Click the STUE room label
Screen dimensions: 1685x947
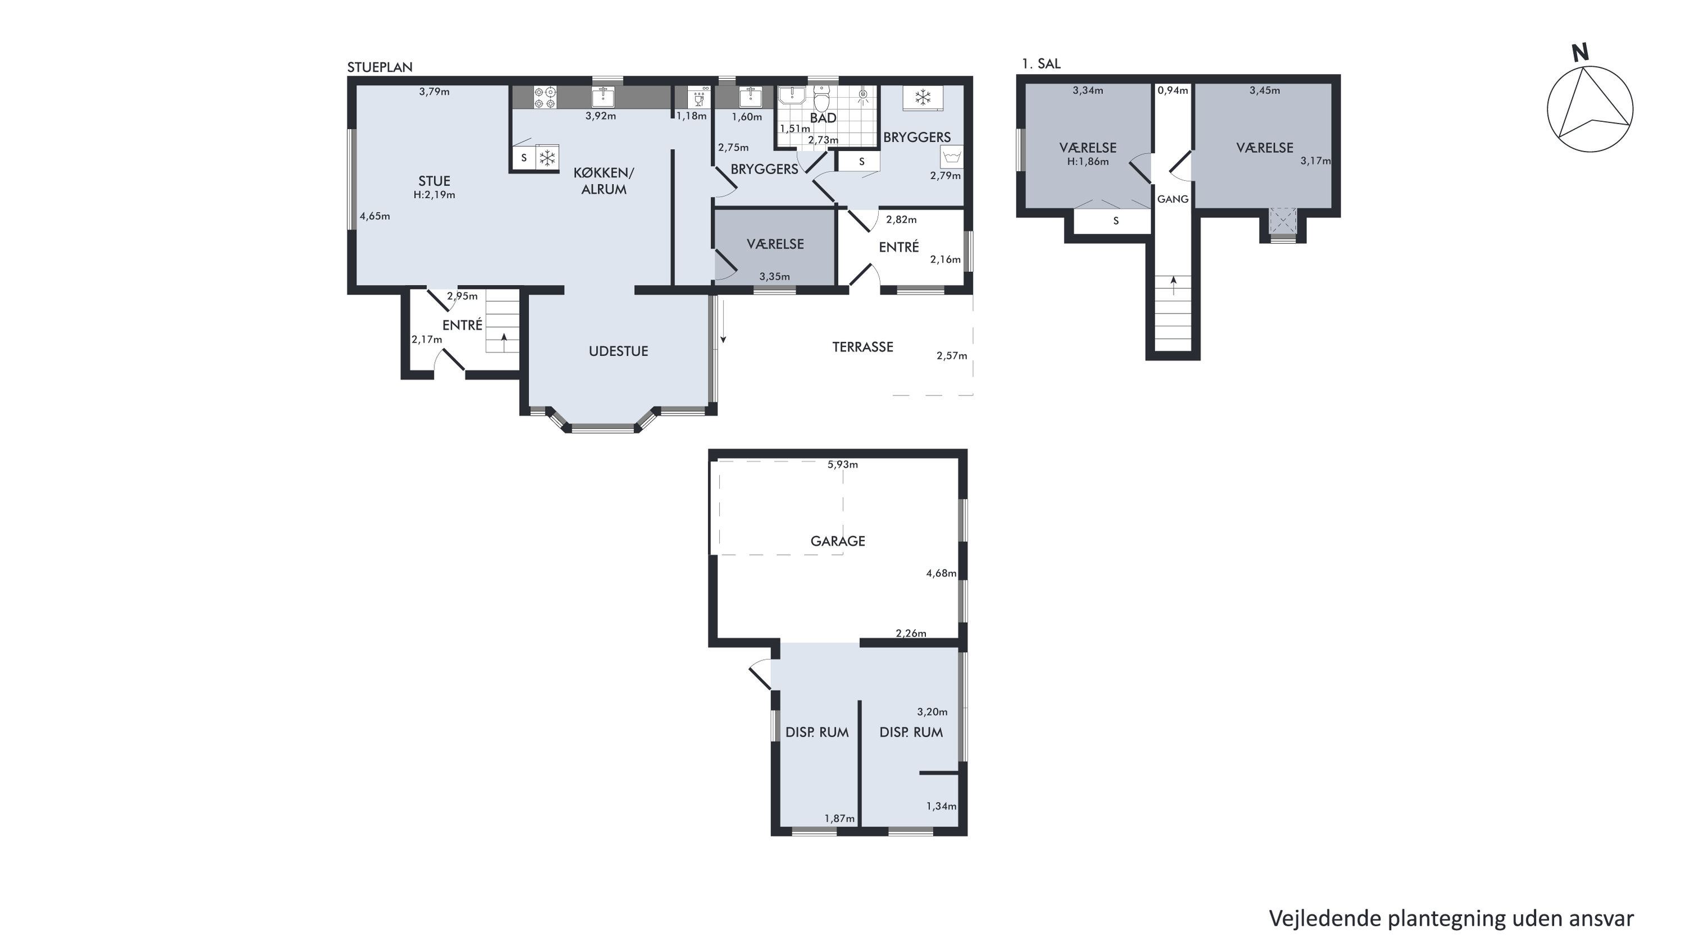point(434,181)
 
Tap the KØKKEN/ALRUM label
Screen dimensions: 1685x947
point(604,181)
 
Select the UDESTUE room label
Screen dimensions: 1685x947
point(618,351)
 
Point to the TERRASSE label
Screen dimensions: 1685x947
point(862,347)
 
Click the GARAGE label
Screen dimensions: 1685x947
point(837,541)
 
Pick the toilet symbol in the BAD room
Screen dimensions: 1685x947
point(821,99)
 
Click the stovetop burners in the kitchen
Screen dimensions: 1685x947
point(545,97)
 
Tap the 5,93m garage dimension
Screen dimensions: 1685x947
point(843,465)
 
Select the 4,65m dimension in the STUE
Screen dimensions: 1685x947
point(375,216)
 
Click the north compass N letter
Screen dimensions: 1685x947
point(1580,52)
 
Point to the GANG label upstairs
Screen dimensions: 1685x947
point(1173,199)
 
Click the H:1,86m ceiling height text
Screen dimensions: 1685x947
point(1088,162)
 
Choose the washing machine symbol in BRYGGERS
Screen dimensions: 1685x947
point(952,157)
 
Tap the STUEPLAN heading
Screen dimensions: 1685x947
point(379,67)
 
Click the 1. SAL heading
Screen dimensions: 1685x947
point(1041,63)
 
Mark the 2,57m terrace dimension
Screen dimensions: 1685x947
point(952,356)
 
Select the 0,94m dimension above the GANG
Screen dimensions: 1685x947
point(1173,90)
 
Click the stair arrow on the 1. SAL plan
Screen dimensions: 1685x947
point(1174,285)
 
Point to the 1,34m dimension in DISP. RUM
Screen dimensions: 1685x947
point(941,807)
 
